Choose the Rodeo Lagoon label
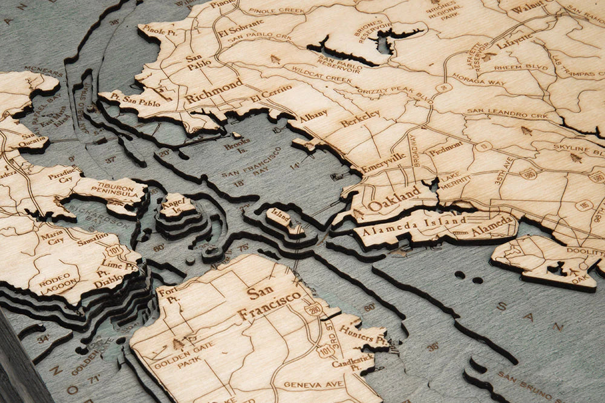point(58,281)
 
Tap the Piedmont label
point(446,148)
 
